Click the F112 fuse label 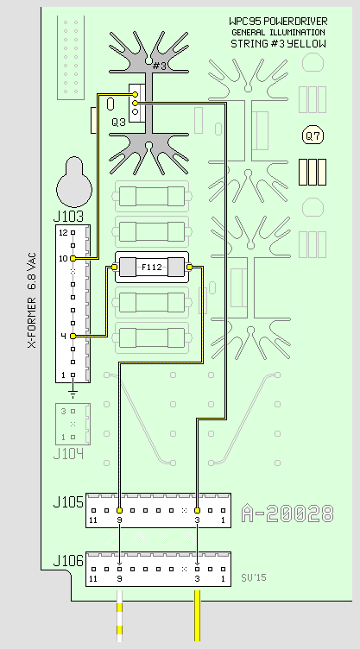152,268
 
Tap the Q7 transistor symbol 313,135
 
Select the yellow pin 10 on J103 73,259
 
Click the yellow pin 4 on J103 73,336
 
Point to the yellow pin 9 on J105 119,510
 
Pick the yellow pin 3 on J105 197,510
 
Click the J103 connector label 68,217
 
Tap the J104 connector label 68,454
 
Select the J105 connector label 68,502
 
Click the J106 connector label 68,561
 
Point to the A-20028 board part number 287,513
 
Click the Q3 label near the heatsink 118,122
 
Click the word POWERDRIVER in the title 294,21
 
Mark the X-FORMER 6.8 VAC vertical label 32,300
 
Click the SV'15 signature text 254,577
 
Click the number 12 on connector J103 63,233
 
